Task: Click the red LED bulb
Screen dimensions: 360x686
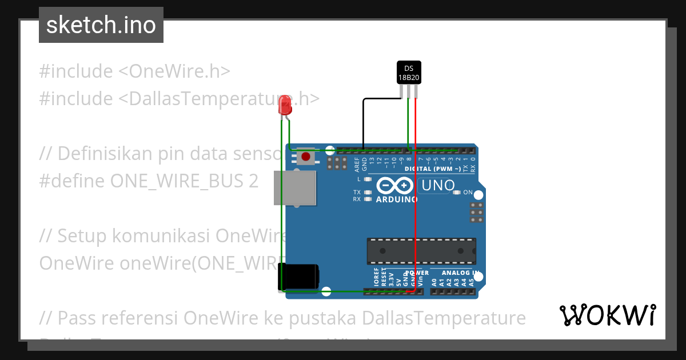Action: point(285,106)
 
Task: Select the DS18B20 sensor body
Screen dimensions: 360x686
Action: point(409,73)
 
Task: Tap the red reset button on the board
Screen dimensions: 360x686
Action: point(306,157)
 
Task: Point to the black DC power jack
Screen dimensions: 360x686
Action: point(298,277)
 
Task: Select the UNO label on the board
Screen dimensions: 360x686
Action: point(438,185)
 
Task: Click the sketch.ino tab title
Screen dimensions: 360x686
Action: point(101,25)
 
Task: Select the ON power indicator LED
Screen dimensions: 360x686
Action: point(456,193)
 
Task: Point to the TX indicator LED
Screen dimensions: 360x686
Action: point(368,193)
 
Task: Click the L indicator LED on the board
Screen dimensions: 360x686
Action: point(368,179)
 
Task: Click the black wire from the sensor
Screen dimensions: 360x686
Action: point(364,123)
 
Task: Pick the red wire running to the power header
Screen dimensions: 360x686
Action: point(415,200)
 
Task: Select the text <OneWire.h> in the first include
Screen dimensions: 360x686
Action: point(174,71)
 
